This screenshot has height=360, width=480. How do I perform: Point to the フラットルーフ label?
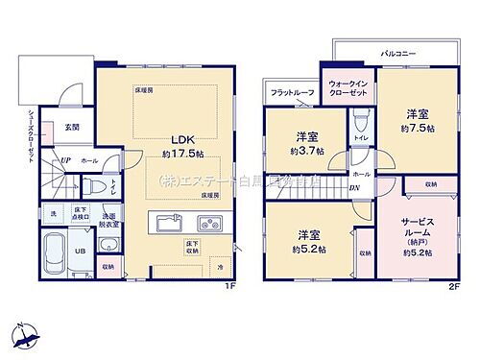[x=292, y=92]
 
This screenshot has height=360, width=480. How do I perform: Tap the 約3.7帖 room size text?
[x=306, y=152]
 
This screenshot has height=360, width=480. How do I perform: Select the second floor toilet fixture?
[x=362, y=122]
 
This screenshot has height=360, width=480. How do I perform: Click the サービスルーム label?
[x=419, y=230]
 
